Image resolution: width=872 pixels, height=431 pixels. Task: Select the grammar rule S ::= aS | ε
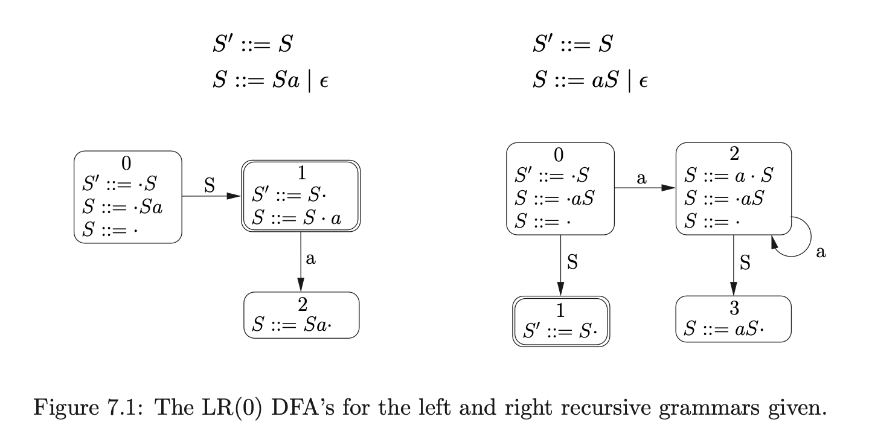(x=590, y=80)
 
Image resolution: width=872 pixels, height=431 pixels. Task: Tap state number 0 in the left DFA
(x=125, y=162)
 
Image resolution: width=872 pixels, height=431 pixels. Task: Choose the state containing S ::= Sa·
(x=301, y=316)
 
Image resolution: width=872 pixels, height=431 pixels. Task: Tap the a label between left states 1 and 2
(x=311, y=259)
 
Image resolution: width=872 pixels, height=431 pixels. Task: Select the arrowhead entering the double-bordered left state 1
(x=235, y=196)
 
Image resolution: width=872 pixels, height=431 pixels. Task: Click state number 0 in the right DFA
(x=559, y=155)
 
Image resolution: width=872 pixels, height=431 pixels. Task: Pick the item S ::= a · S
(x=728, y=176)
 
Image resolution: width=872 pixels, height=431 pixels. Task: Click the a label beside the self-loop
(x=820, y=252)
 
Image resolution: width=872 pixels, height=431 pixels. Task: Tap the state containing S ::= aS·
(x=733, y=319)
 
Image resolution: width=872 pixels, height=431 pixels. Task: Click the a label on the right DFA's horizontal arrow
(x=642, y=178)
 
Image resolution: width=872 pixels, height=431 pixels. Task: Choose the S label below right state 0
(x=572, y=262)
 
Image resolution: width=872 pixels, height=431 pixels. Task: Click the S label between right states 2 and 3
(x=745, y=263)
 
